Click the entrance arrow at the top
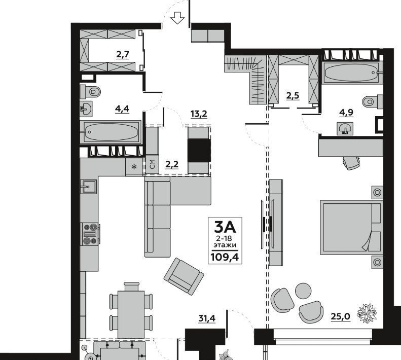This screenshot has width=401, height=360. (x=177, y=18)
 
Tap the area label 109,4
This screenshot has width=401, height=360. (x=225, y=257)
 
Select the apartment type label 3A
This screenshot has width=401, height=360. (x=225, y=227)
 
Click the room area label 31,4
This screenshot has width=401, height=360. (x=207, y=318)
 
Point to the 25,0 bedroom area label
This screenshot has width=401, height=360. (x=340, y=317)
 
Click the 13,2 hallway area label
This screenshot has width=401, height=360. (x=199, y=114)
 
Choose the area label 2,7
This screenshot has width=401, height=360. (x=123, y=54)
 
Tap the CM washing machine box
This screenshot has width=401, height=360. (x=152, y=165)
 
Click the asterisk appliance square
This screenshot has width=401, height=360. (x=134, y=167)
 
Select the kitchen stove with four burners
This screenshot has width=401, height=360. (x=90, y=234)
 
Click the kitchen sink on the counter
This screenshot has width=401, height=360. (x=89, y=187)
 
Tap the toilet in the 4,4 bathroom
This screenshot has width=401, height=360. (x=90, y=91)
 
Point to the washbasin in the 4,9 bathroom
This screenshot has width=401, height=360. (x=345, y=128)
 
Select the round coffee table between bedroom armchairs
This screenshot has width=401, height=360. (x=303, y=291)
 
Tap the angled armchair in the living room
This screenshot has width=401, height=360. (x=184, y=276)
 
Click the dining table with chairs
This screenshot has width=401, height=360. (x=131, y=310)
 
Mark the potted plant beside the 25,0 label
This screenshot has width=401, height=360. (x=367, y=313)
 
